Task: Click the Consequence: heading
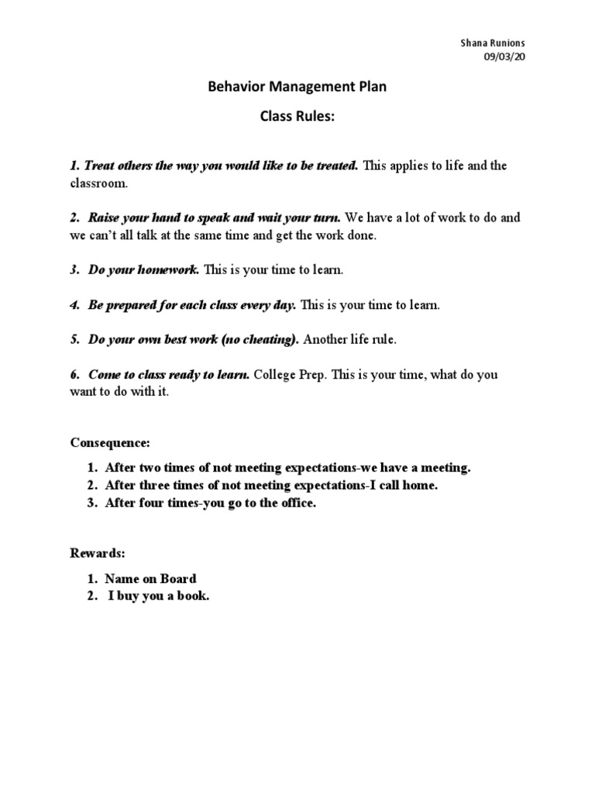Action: [110, 442]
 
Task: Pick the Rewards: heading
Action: [98, 554]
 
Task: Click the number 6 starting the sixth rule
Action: [74, 375]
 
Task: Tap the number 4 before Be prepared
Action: [74, 305]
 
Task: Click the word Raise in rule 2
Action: [105, 218]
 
